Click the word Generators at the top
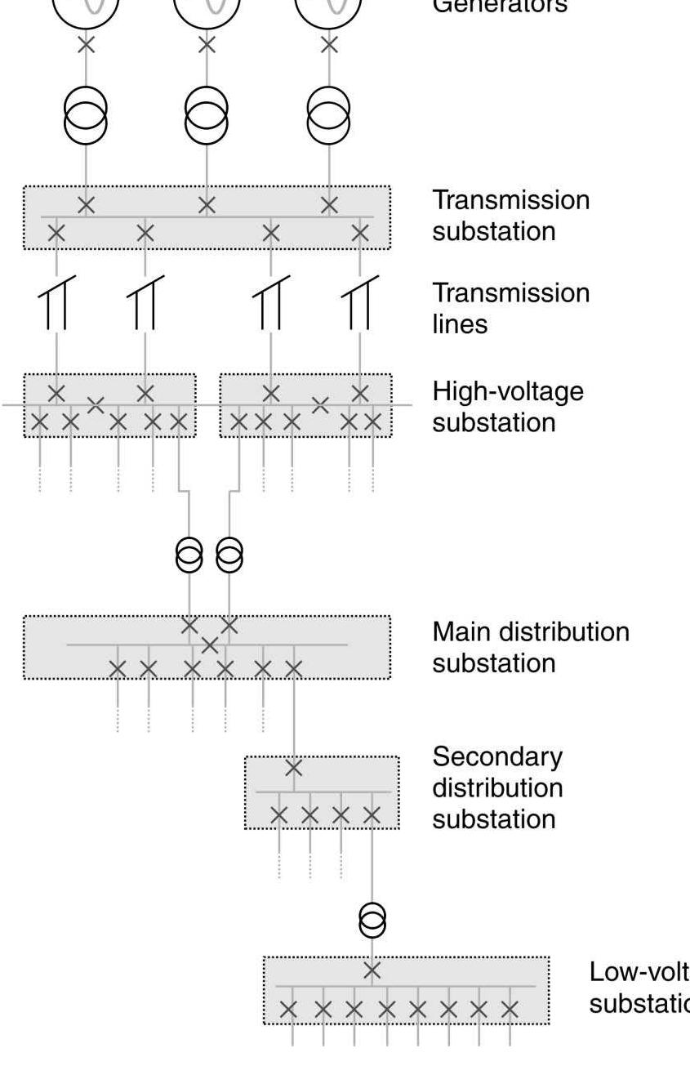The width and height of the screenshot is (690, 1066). point(499,7)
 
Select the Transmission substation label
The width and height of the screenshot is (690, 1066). point(510,216)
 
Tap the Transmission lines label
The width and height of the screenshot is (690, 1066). point(510,308)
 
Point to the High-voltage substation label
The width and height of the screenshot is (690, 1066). point(508,407)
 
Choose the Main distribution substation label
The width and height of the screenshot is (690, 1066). point(531,647)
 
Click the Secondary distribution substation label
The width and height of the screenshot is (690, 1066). point(497,788)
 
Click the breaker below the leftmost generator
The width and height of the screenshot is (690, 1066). point(86,45)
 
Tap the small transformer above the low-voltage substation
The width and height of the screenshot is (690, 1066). point(372,921)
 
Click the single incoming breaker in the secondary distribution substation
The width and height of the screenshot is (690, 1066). point(294,768)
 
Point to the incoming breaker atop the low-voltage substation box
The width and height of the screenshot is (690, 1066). point(372,970)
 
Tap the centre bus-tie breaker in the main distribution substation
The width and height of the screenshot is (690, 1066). point(210,645)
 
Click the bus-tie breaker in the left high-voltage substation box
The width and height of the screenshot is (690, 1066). point(96,404)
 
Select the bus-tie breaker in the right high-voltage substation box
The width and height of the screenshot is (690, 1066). point(320,404)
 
